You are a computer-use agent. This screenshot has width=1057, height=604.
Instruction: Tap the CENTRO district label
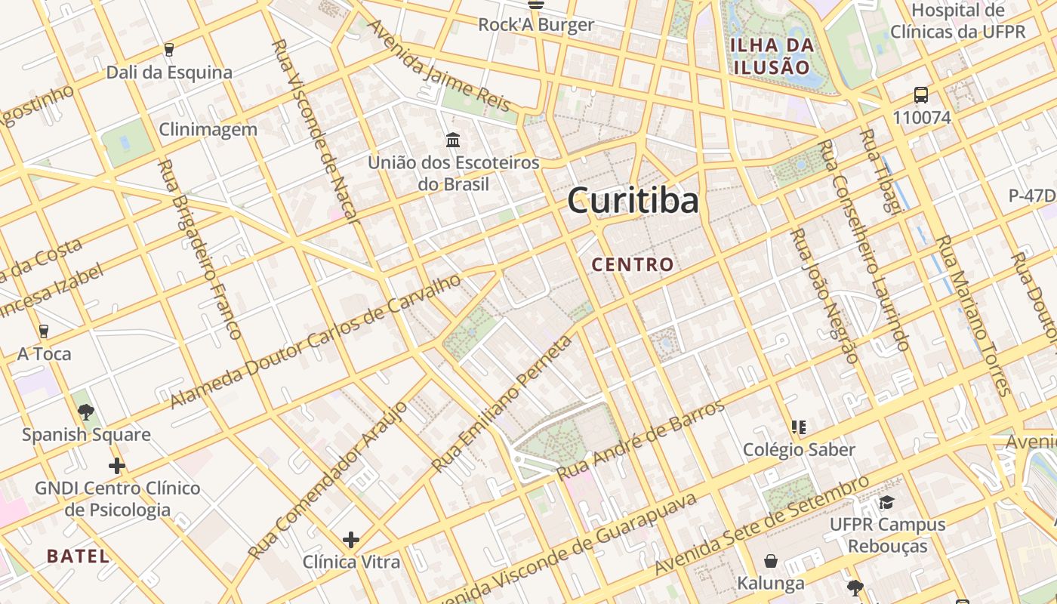click(633, 264)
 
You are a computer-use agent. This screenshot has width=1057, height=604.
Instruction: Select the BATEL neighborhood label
click(78, 556)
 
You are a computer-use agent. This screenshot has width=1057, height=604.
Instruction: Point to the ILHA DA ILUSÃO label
click(772, 56)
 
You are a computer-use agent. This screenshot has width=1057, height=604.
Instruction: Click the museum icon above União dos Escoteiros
click(453, 140)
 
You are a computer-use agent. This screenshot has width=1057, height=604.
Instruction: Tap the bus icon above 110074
click(921, 95)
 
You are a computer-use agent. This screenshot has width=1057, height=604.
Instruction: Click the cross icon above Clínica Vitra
click(350, 540)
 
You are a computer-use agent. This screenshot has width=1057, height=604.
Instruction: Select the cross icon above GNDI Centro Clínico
click(117, 465)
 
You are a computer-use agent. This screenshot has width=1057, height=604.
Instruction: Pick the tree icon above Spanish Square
click(86, 412)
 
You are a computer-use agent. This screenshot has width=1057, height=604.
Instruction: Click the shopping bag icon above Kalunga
click(771, 561)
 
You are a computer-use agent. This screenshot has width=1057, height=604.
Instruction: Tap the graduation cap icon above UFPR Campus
click(887, 502)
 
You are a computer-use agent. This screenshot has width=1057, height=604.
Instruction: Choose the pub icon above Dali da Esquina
click(169, 50)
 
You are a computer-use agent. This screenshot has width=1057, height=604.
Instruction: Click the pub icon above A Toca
click(44, 331)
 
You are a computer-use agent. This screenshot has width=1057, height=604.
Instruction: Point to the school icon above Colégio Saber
click(799, 427)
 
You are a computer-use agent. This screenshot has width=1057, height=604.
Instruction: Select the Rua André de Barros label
click(640, 439)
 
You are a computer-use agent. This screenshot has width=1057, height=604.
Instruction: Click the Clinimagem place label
click(208, 129)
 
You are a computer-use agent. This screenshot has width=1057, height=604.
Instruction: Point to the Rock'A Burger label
click(536, 25)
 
